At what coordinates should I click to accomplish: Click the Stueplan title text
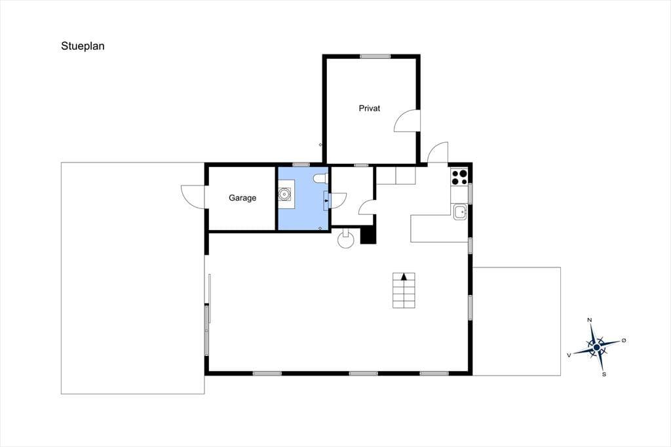(83, 47)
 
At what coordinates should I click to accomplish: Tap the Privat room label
(370, 108)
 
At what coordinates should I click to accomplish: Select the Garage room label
(242, 198)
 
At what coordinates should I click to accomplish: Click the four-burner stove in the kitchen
(459, 177)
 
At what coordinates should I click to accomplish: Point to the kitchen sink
(460, 212)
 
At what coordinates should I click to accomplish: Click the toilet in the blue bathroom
(320, 178)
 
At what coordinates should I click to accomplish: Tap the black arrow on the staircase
(404, 277)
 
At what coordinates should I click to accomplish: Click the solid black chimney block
(368, 235)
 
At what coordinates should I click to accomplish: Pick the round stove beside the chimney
(346, 240)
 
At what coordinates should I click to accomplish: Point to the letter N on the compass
(589, 321)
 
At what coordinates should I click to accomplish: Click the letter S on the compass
(604, 374)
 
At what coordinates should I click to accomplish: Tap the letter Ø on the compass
(624, 340)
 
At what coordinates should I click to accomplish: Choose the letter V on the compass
(569, 355)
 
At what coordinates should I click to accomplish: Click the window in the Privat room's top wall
(375, 56)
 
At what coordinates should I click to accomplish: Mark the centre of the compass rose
(596, 347)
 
